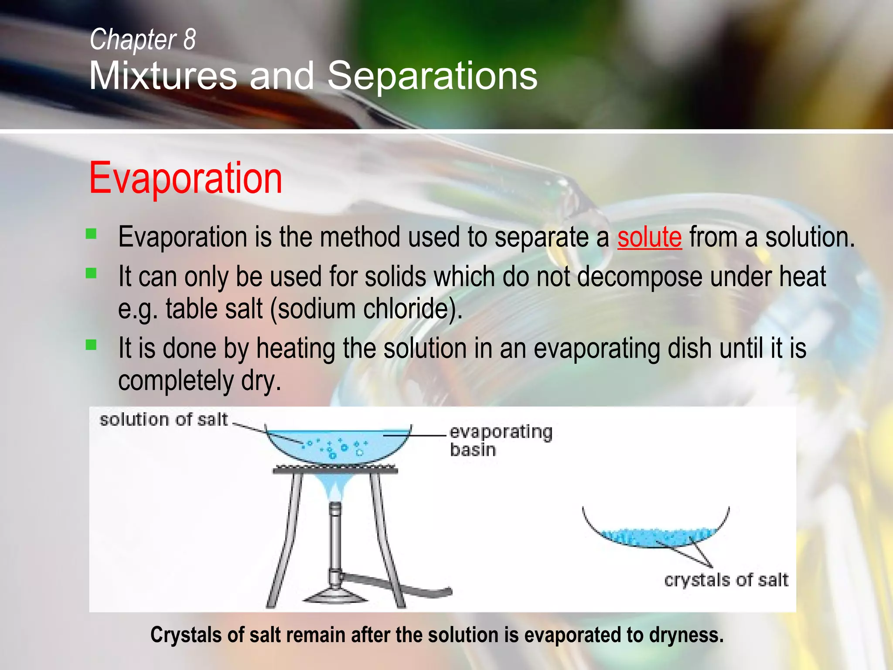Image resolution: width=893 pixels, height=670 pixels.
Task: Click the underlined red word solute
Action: (649, 238)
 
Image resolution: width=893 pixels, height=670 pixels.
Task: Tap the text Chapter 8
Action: (143, 40)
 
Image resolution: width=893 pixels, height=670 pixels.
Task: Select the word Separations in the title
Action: (432, 76)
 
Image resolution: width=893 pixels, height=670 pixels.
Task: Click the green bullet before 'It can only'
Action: (91, 273)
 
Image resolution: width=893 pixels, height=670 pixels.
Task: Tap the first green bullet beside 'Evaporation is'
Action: (91, 234)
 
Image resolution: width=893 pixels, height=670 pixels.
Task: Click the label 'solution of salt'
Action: (164, 420)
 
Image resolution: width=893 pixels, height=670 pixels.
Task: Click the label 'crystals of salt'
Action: (726, 580)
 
